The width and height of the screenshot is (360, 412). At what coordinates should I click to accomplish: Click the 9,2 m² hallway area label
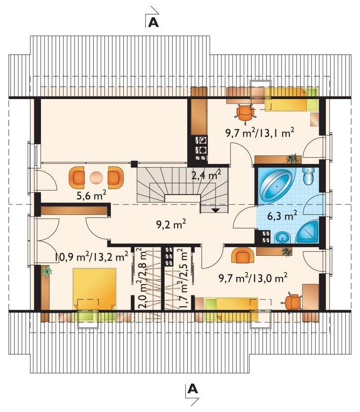pos(171,224)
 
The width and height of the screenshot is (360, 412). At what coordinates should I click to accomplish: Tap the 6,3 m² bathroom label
pos(282,216)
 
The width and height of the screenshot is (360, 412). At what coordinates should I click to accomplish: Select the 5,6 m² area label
pos(91,195)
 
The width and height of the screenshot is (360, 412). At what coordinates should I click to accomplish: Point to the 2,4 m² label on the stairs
pos(206,174)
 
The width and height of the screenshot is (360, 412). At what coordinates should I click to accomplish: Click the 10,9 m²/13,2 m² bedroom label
pos(91,257)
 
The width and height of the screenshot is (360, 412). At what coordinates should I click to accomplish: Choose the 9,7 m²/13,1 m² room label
pos(260,133)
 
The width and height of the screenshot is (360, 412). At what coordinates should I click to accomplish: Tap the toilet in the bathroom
pos(308,176)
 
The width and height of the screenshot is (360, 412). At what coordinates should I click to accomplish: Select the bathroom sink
pos(283,238)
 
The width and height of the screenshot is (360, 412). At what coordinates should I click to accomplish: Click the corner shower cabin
pos(308,232)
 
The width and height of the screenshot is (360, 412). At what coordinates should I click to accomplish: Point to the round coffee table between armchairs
pos(96,178)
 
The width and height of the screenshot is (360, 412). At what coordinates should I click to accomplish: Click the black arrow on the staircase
pos(216,210)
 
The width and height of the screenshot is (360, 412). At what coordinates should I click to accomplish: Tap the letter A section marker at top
pos(153,23)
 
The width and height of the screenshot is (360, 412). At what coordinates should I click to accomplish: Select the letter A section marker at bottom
pos(193,389)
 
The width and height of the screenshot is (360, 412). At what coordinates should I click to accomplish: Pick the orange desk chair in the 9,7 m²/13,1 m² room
pos(245,113)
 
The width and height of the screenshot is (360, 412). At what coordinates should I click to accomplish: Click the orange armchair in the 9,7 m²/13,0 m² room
pos(243,255)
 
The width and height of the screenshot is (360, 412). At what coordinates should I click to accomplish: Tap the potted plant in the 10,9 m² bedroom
pos(47,271)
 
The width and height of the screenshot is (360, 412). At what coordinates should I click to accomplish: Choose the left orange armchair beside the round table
pos(77,177)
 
